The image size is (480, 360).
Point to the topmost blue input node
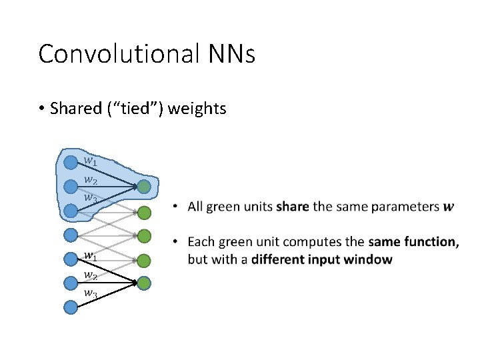(x=71, y=162)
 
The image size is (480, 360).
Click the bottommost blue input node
(x=71, y=307)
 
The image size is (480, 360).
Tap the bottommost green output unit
(x=144, y=283)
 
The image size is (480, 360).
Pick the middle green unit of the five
(x=144, y=236)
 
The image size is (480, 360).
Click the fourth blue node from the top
(x=71, y=235)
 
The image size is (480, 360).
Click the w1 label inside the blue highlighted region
(x=90, y=161)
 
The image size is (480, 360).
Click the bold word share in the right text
(x=293, y=207)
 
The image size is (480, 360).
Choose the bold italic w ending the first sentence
(x=449, y=207)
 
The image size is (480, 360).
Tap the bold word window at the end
(x=372, y=259)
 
